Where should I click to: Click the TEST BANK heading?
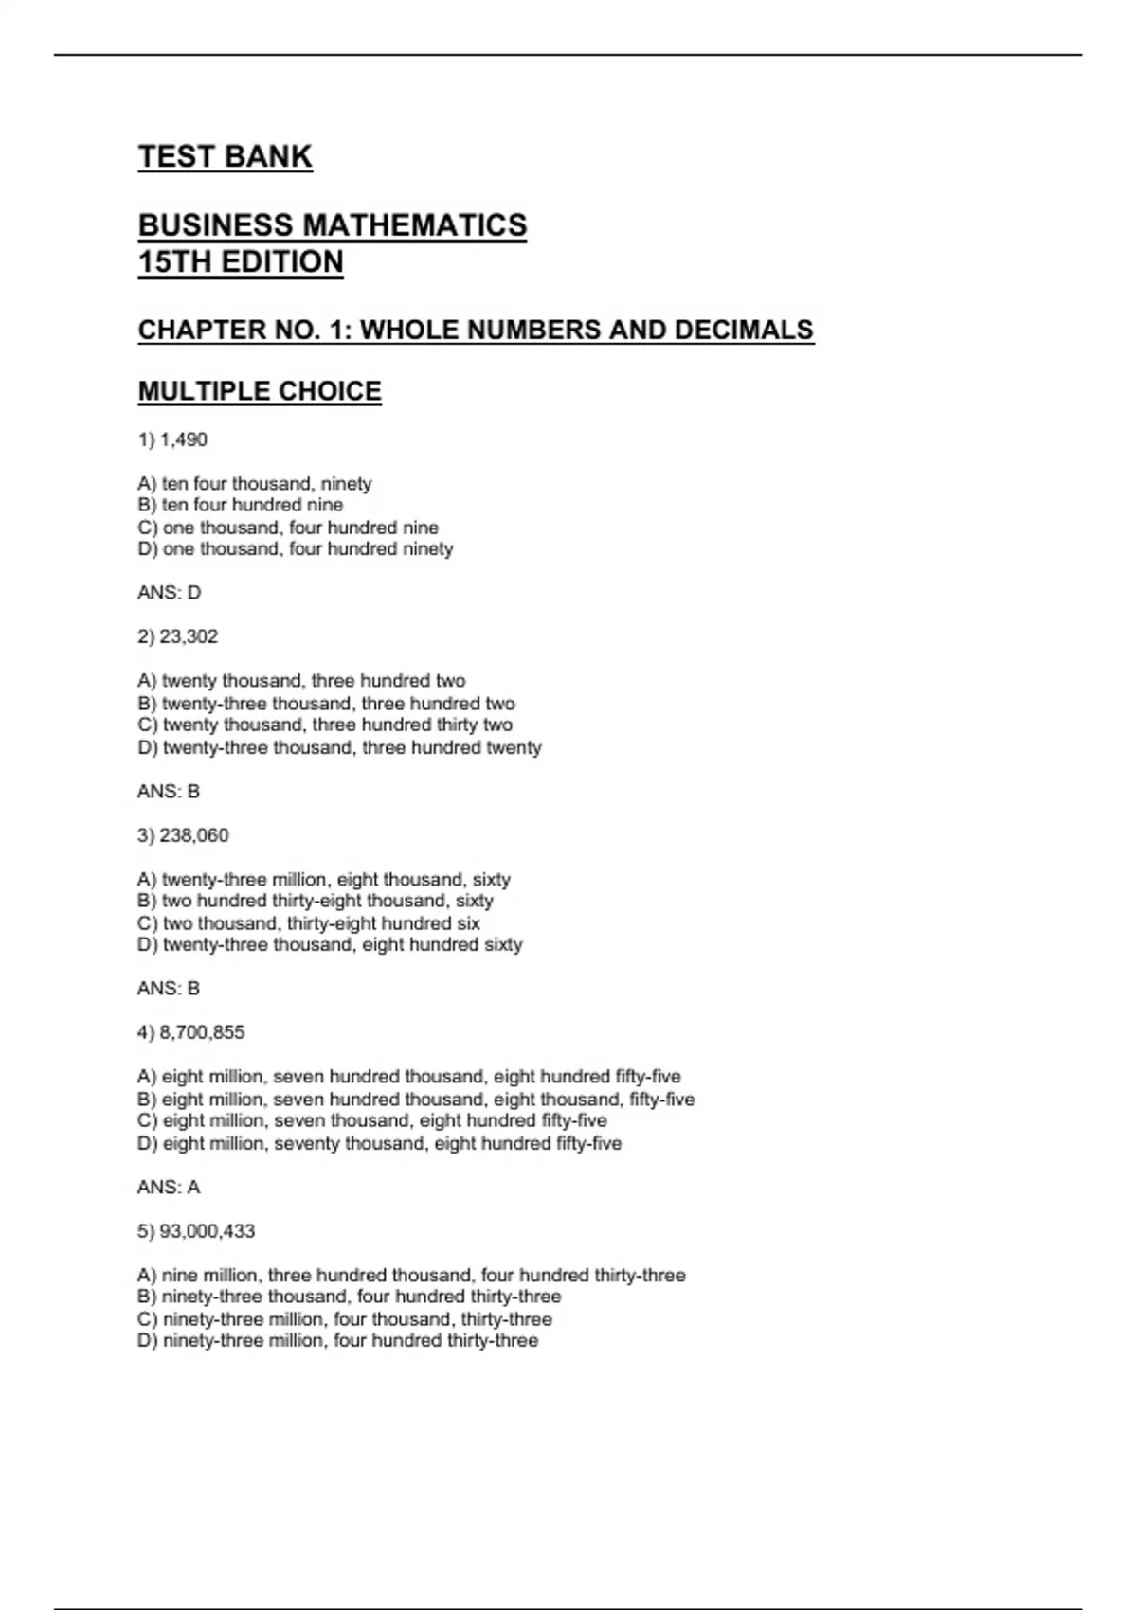click(225, 156)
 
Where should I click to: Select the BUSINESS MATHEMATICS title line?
click(332, 225)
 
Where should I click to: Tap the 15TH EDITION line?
click(241, 261)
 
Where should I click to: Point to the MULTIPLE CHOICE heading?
click(260, 391)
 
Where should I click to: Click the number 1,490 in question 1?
click(183, 439)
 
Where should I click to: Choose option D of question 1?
click(295, 549)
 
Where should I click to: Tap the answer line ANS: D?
click(169, 593)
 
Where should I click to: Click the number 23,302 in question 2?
click(189, 636)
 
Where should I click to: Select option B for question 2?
click(326, 704)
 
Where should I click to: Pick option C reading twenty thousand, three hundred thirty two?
click(325, 725)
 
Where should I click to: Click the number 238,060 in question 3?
click(194, 835)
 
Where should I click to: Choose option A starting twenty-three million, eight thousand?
click(324, 879)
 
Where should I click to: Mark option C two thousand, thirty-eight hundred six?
click(309, 923)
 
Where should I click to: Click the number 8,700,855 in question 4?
click(202, 1032)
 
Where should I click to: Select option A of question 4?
click(408, 1077)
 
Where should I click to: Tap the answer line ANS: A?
click(169, 1188)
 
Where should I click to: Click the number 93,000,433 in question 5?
click(208, 1231)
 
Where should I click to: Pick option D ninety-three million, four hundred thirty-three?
click(337, 1341)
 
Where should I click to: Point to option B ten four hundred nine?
click(241, 505)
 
